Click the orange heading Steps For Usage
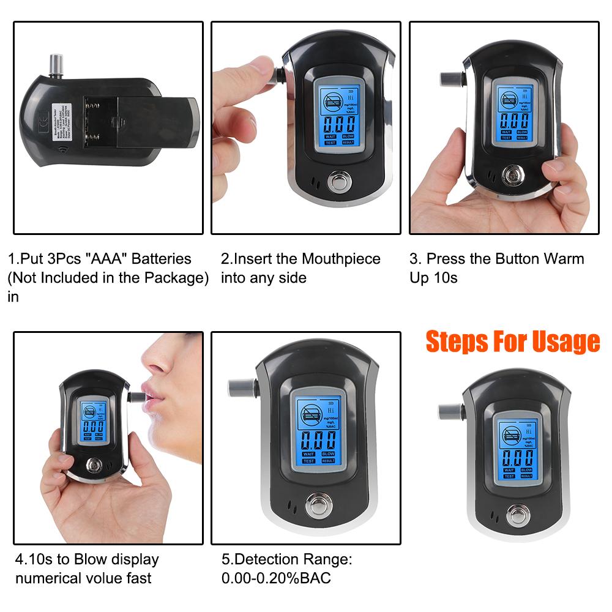point(513,341)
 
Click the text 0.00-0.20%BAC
point(276,578)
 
